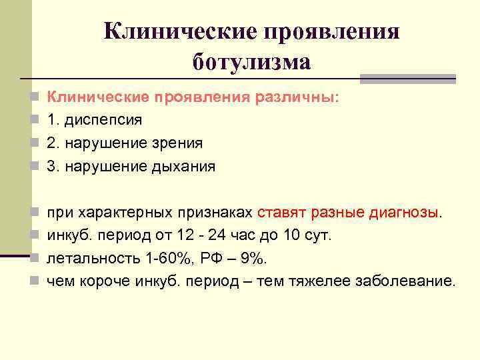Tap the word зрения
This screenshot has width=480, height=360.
[x=180, y=143]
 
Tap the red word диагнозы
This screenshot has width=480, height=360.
[x=403, y=213]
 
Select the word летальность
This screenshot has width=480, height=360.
[x=89, y=259]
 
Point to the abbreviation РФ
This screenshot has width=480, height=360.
[x=209, y=259]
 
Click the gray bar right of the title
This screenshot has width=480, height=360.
[x=407, y=79]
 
